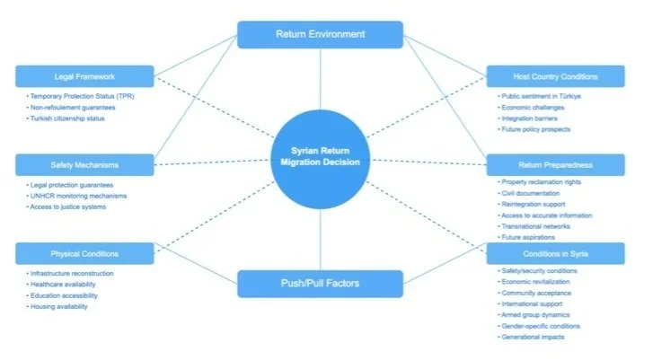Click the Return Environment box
click(320, 35)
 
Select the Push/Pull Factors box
click(320, 284)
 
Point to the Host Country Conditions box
click(555, 76)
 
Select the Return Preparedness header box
click(555, 164)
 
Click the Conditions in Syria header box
click(555, 253)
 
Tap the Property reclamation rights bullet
click(541, 183)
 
